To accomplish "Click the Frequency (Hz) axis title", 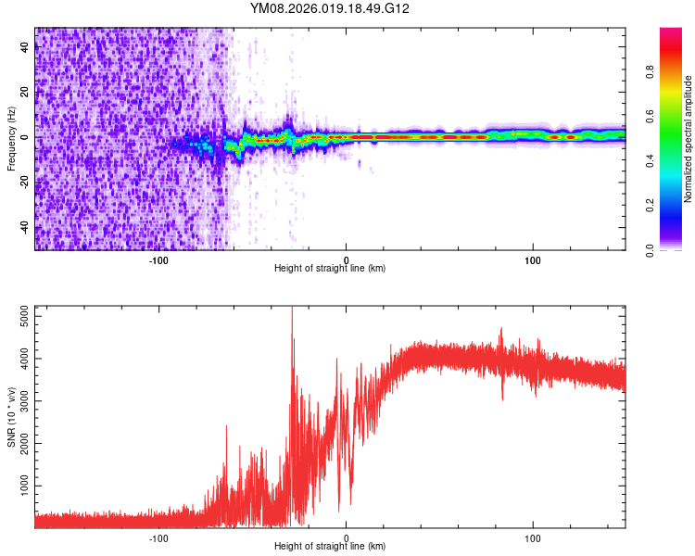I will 11,138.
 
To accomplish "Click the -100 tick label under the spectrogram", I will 158,259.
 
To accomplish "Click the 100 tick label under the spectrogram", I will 533,259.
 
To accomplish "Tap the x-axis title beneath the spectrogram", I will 330,269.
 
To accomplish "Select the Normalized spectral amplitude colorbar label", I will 688,138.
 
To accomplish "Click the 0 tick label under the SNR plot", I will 347,537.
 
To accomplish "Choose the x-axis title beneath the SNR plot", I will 330,547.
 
